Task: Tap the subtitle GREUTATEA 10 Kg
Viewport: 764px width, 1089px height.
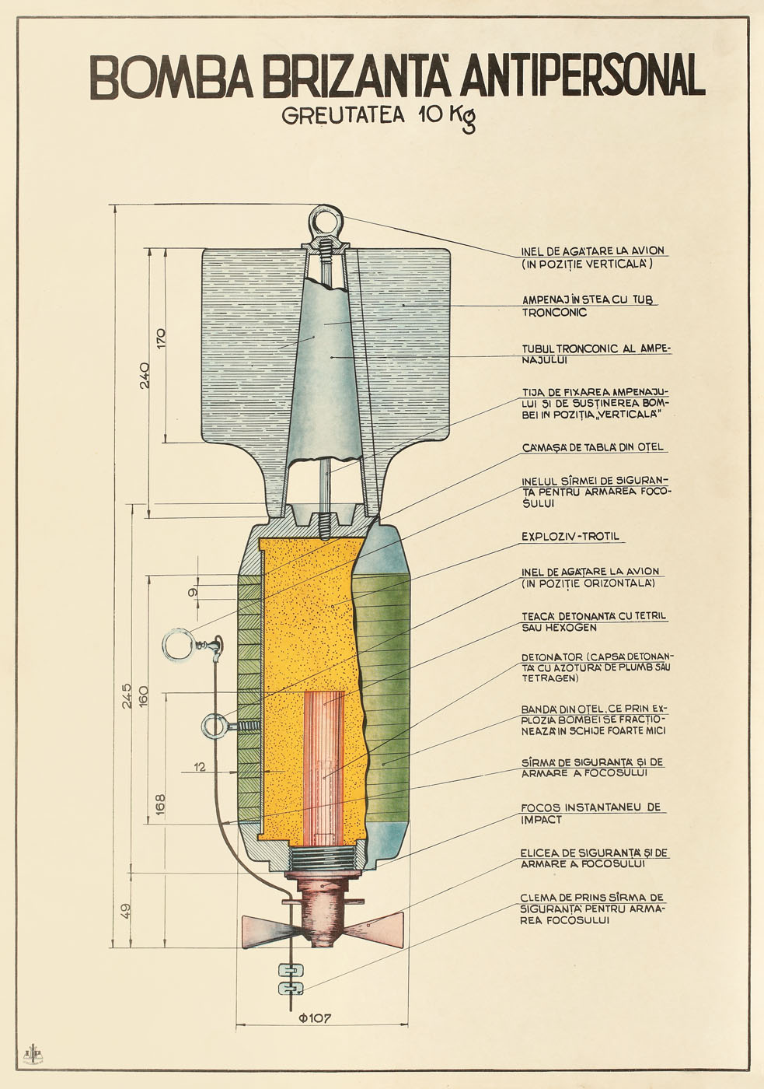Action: [379, 116]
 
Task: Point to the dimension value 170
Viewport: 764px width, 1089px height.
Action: [160, 338]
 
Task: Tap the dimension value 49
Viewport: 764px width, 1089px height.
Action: [125, 909]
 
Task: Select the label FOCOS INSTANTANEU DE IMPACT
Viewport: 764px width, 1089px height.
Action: [591, 813]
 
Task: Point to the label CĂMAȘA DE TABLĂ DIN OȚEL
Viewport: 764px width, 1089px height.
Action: [593, 447]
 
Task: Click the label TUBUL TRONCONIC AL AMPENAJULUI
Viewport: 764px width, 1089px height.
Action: [595, 354]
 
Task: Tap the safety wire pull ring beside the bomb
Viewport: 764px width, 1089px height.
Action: [180, 645]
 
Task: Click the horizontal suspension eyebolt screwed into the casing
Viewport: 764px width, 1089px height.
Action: [215, 727]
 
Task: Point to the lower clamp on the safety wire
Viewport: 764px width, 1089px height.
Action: [291, 988]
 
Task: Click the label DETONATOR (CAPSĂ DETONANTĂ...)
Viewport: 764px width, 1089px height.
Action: [596, 667]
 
